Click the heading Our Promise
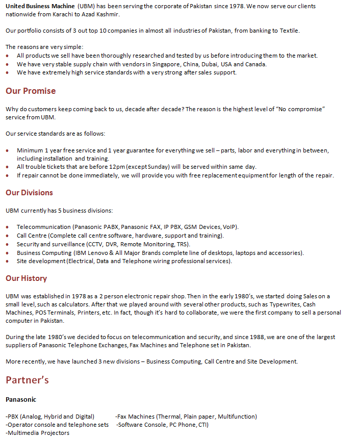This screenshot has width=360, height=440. tap(31, 91)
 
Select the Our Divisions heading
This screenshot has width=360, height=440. tap(29, 193)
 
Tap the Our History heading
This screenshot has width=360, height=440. tap(26, 278)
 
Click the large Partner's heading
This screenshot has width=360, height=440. tap(27, 380)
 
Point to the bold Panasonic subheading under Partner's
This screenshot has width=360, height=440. tap(21, 399)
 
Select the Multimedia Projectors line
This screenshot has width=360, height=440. tap(37, 433)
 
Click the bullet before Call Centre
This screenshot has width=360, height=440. tap(8, 236)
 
